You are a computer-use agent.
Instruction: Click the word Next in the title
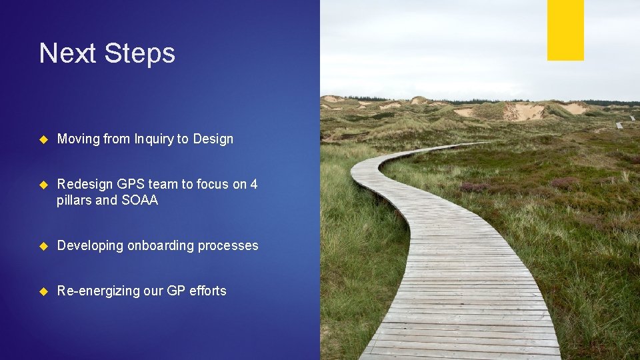(x=65, y=53)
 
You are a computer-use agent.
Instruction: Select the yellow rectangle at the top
(x=565, y=30)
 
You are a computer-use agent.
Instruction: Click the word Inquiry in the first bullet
(x=154, y=139)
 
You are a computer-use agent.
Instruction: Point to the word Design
(x=213, y=139)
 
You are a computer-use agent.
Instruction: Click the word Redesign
(x=85, y=185)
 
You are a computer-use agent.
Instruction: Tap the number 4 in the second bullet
(x=254, y=185)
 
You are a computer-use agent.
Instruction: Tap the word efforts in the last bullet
(x=208, y=291)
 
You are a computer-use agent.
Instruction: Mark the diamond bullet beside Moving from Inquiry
(x=44, y=139)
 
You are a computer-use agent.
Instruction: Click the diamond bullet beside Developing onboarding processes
(x=44, y=246)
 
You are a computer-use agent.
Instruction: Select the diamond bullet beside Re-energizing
(x=44, y=291)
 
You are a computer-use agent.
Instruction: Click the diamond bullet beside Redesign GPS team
(x=44, y=185)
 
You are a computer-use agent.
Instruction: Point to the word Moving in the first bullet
(x=78, y=139)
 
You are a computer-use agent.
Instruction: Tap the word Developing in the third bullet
(x=90, y=246)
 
